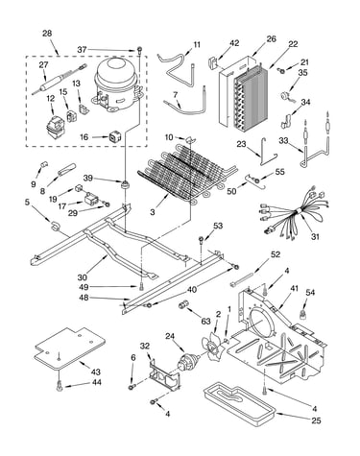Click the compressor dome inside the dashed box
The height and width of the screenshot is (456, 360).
(117, 84)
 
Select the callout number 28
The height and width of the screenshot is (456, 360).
(47, 34)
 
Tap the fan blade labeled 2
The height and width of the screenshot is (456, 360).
(211, 347)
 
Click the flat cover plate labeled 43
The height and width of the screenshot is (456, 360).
(68, 348)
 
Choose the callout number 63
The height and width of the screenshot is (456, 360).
(205, 321)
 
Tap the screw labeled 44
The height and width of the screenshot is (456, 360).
(59, 387)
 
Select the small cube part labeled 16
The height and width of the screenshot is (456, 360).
(115, 136)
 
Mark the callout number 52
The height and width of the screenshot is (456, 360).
(276, 254)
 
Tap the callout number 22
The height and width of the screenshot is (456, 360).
(293, 44)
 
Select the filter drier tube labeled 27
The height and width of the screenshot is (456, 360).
(60, 80)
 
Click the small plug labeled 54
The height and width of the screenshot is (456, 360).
(302, 314)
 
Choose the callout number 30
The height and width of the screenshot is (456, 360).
(82, 277)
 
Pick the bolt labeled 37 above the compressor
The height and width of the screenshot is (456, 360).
(139, 50)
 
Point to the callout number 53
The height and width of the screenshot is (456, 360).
(218, 226)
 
